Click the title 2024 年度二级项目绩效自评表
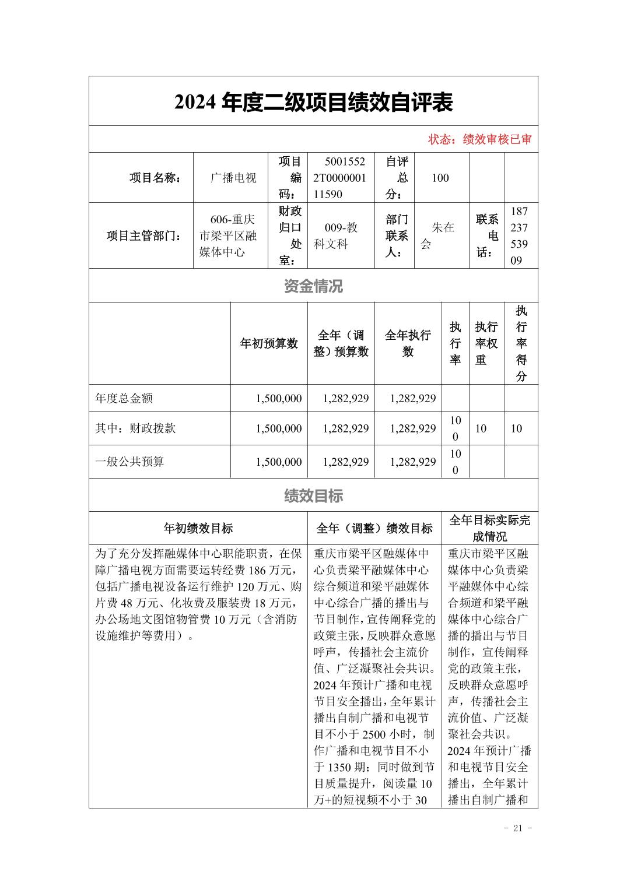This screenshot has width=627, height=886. (x=313, y=103)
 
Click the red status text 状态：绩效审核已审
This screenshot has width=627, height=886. (x=479, y=140)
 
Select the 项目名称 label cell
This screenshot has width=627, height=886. (x=155, y=178)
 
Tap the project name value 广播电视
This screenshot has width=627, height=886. (x=233, y=178)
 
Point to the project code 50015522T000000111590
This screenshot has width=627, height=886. (x=341, y=178)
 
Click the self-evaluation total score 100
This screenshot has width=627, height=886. (x=440, y=178)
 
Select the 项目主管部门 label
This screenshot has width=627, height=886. (x=143, y=236)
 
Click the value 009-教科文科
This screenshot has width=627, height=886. (x=341, y=236)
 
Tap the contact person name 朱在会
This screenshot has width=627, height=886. (x=442, y=236)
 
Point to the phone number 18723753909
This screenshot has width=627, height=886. (x=519, y=236)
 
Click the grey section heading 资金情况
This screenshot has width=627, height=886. (x=313, y=286)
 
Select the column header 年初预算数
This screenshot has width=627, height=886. (x=269, y=343)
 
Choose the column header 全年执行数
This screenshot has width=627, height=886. (x=408, y=343)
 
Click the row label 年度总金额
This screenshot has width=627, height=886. (x=124, y=399)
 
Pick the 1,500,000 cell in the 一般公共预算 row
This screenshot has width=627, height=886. (x=278, y=462)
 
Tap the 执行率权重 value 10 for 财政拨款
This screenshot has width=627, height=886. (x=481, y=429)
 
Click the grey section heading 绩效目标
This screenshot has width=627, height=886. (x=313, y=496)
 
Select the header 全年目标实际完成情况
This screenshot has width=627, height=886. (x=489, y=528)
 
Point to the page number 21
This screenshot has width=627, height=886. (x=517, y=829)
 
